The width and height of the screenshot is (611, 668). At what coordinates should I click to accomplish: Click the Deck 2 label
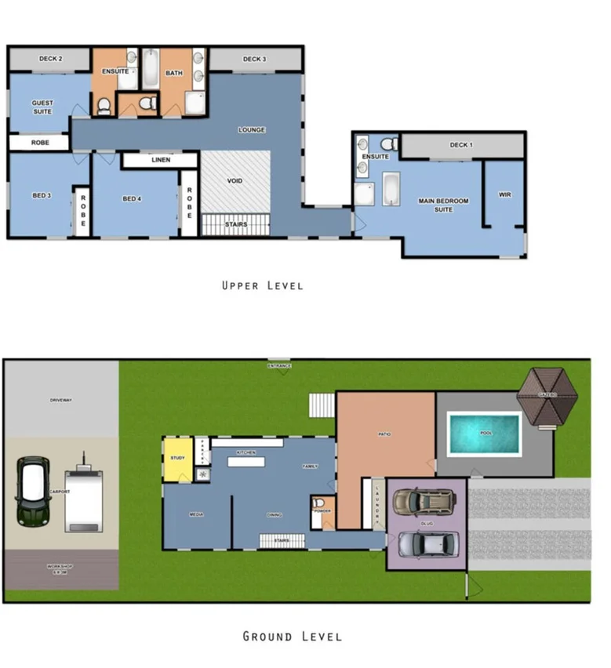[x=50, y=59]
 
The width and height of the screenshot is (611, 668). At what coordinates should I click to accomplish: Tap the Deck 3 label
[x=254, y=59]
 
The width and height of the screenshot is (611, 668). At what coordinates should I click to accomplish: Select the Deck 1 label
[x=461, y=145]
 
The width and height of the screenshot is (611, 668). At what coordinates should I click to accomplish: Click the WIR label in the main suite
[x=504, y=194]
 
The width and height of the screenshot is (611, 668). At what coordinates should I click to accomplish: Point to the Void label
[x=235, y=181]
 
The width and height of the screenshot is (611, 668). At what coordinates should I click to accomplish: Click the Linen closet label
[x=159, y=161]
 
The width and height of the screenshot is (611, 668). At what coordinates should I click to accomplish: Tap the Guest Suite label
[x=42, y=107]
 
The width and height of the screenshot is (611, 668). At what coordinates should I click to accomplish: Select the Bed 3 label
[x=42, y=195]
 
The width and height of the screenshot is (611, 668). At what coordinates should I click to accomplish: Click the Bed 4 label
[x=132, y=198]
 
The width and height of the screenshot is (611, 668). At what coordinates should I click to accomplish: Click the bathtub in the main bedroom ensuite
[x=391, y=189]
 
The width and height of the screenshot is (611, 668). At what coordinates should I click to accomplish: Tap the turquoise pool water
[x=484, y=434]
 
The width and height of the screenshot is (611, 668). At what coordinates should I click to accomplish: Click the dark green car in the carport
[x=33, y=492]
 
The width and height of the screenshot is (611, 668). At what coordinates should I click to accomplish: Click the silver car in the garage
[x=427, y=543]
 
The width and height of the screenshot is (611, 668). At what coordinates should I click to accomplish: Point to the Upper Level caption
[x=262, y=285]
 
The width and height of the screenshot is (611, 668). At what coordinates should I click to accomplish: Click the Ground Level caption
[x=292, y=636]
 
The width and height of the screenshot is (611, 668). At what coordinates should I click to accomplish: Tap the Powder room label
[x=322, y=510]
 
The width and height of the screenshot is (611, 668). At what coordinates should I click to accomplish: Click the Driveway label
[x=60, y=400]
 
